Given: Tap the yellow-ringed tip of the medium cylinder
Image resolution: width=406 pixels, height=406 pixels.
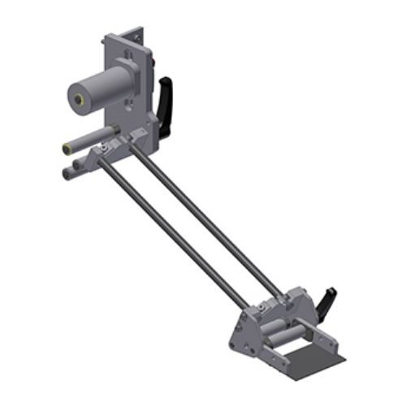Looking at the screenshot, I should pyautogui.click(x=66, y=149).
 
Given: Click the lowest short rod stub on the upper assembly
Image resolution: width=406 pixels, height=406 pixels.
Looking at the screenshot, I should pyautogui.click(x=66, y=172).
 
